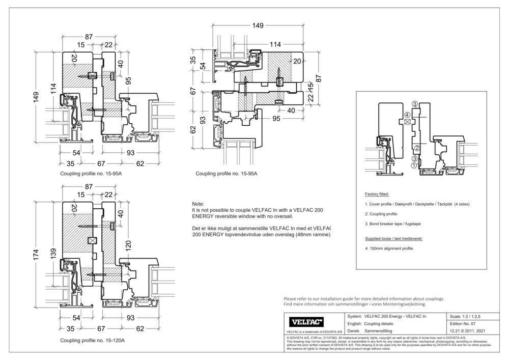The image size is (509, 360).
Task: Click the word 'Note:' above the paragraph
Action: (x=198, y=203)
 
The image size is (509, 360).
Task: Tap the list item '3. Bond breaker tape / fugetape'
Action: (x=392, y=224)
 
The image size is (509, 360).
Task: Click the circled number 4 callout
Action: (x=407, y=115)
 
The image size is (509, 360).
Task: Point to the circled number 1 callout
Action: (x=414, y=165)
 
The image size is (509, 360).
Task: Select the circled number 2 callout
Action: (x=416, y=148)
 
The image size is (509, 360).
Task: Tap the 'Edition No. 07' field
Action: (x=463, y=323)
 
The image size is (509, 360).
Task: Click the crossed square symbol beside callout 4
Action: (x=407, y=122)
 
